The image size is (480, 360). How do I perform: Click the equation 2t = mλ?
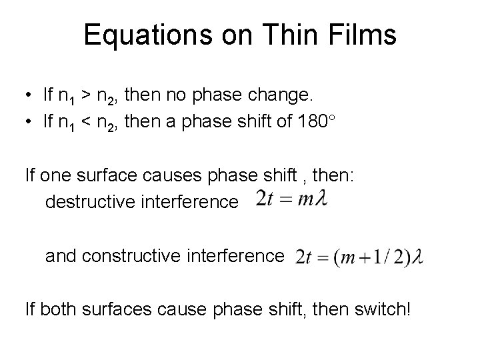click(292, 199)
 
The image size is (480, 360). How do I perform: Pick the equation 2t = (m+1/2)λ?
click(359, 257)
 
